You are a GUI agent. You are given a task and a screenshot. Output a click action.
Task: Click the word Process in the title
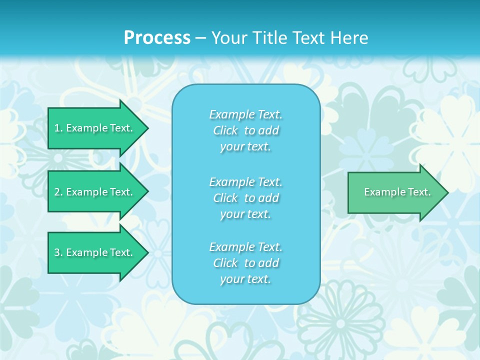157,38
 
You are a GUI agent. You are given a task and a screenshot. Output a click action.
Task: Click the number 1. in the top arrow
58,128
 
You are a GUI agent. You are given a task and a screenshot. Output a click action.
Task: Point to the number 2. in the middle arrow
58,192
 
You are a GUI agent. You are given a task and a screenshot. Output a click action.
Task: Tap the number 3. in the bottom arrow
58,252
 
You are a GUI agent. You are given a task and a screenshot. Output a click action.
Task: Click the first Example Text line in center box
245,114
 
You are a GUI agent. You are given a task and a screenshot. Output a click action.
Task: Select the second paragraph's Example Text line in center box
245,181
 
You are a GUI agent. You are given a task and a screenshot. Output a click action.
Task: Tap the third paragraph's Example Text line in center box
245,247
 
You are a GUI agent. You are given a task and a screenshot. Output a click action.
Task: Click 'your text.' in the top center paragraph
245,147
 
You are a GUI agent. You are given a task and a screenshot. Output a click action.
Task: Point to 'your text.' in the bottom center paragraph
245,279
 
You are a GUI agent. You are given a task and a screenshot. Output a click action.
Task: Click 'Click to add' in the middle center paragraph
245,198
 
